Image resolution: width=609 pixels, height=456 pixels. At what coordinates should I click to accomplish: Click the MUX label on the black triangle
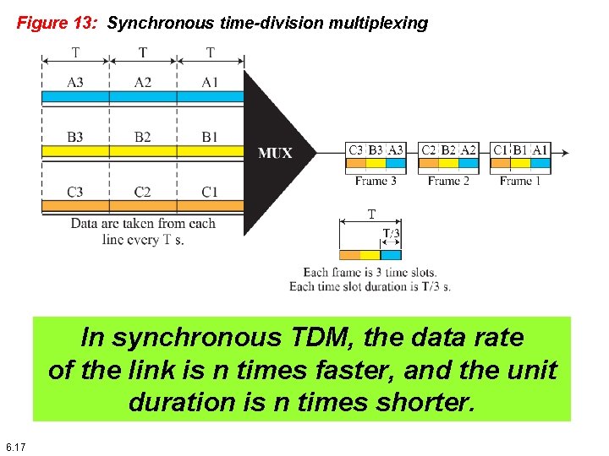[x=275, y=153]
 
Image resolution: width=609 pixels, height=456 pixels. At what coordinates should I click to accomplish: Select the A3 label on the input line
[x=75, y=81]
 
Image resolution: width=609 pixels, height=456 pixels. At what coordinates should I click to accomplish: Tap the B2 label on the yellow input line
[x=142, y=137]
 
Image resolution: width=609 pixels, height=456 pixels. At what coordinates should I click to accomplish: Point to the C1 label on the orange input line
[x=210, y=192]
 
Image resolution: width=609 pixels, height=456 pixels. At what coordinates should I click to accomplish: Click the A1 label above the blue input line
[x=210, y=81]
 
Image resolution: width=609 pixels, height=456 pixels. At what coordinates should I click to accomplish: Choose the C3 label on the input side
[x=75, y=192]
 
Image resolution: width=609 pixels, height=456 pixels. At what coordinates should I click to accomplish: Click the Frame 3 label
[x=376, y=181]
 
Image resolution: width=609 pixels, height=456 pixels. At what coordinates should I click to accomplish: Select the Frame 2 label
[x=448, y=181]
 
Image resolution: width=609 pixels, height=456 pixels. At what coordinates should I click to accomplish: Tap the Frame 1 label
[x=520, y=181]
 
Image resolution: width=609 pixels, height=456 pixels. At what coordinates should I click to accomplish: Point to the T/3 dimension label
[x=391, y=233]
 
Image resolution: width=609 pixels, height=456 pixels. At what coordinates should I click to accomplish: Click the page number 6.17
[x=15, y=446]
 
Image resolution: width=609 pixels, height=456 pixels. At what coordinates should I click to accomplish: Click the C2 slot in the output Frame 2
[x=430, y=149]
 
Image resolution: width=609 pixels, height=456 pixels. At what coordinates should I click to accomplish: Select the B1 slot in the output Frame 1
[x=520, y=149]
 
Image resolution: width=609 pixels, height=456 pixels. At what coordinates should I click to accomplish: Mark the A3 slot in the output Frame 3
[x=395, y=149]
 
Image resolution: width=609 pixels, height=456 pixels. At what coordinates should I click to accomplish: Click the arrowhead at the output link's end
[x=565, y=153]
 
